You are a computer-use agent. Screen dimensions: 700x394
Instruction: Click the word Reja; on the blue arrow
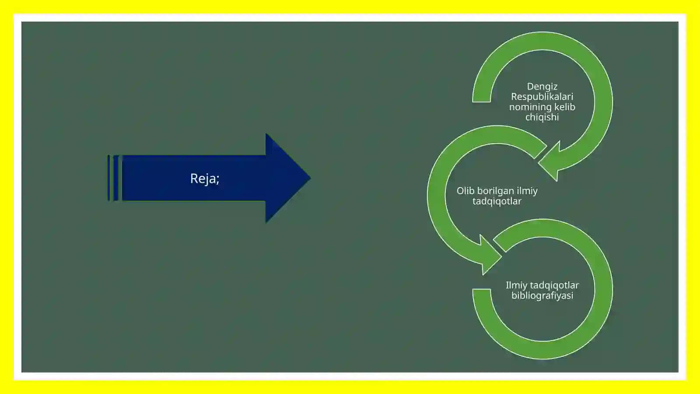205,179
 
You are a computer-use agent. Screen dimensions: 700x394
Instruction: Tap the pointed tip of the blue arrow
310,178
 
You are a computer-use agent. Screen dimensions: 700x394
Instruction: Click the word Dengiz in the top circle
542,87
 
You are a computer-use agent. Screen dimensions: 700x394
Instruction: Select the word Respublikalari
542,97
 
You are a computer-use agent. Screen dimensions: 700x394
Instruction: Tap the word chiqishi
542,117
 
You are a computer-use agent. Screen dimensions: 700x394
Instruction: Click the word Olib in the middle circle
465,191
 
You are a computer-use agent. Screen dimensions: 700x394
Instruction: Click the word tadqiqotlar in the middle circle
497,201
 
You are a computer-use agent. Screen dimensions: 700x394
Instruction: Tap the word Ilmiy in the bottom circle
516,286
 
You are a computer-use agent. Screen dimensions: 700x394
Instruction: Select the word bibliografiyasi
542,296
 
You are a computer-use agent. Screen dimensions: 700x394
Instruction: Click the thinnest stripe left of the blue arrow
108,178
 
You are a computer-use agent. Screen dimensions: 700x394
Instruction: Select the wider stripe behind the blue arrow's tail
115,178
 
